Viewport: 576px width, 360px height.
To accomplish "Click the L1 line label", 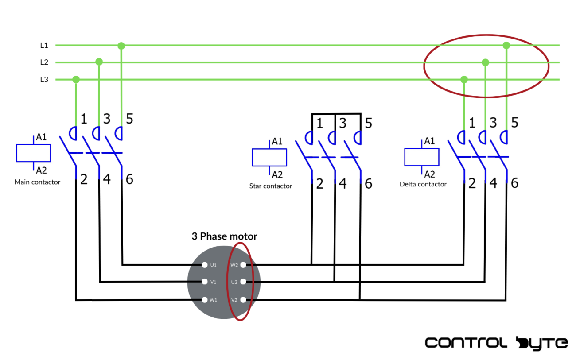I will point(44,45).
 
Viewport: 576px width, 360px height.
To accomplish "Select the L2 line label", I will point(44,62).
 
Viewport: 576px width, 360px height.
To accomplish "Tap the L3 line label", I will point(44,80).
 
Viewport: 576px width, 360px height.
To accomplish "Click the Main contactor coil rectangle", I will point(33,153).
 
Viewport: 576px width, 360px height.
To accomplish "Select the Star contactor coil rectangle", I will point(269,157).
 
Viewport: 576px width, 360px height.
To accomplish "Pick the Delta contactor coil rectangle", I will point(421,157).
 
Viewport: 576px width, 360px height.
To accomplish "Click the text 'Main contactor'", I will point(37,182).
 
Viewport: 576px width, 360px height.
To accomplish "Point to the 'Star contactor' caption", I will point(271,186).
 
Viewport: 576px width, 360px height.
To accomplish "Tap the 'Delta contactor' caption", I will point(423,184).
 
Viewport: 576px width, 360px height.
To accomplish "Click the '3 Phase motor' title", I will point(224,236).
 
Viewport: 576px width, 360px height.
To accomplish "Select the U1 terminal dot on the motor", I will point(205,265).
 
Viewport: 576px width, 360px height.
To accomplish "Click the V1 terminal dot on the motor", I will point(205,282).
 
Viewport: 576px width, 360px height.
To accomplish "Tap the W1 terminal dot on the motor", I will point(205,300).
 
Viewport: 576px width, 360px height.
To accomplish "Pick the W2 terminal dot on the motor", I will point(243,265).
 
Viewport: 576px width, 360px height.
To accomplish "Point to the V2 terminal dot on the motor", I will point(243,300).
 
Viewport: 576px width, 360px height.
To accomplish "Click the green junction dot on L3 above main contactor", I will point(76,80).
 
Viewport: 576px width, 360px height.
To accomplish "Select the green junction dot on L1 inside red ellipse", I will point(506,45).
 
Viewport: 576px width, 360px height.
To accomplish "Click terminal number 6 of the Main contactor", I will point(129,179).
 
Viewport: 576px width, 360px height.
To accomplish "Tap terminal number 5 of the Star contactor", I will point(368,123).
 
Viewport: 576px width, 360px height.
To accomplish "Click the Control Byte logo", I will point(496,343).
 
